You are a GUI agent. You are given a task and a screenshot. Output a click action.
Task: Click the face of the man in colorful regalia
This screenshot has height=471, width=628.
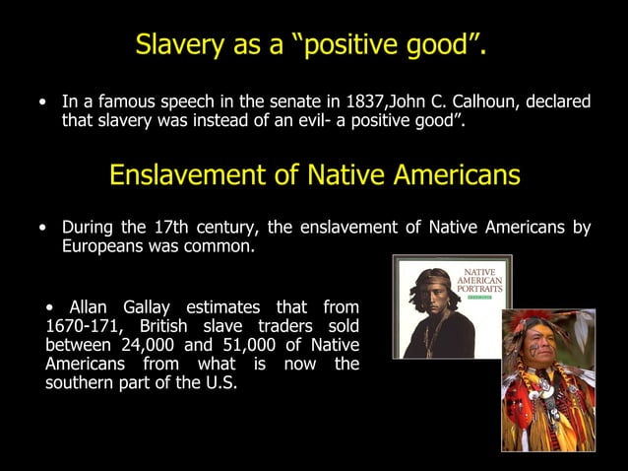(x=537, y=343)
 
